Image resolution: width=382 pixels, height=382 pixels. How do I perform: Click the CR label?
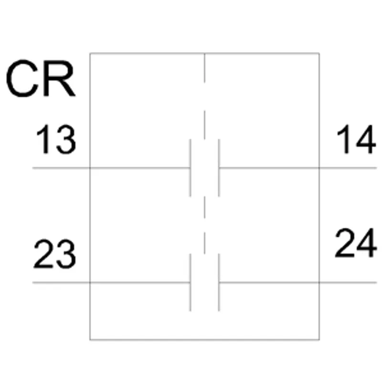coord(41,78)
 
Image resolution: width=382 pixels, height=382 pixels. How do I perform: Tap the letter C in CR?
coord(22,78)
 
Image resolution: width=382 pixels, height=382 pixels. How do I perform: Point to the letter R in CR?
coord(59,78)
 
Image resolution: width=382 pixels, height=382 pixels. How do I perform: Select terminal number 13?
coord(56,139)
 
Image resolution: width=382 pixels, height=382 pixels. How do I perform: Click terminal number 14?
coord(356,139)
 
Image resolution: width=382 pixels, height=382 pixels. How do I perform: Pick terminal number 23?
coord(54,254)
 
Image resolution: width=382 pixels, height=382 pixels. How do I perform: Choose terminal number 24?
coord(356,243)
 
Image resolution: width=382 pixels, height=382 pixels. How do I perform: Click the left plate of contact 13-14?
coord(190,168)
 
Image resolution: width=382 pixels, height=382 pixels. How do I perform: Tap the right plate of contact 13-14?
coord(219,168)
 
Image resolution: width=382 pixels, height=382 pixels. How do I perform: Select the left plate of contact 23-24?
coord(190,283)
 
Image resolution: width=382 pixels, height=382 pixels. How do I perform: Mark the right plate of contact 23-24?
coord(219,283)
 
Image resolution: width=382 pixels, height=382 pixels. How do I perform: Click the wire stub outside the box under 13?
coord(61,168)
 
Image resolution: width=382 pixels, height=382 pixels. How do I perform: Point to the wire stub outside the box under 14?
coord(348,168)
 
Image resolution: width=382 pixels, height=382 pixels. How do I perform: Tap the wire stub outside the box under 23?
coord(61,283)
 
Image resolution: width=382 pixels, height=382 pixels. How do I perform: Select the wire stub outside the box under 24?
coord(348,283)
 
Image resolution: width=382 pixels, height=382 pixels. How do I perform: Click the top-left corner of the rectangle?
coord(90,53)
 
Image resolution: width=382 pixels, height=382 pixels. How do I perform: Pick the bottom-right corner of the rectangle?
coord(319,340)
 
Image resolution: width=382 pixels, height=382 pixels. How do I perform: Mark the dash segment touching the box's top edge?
coord(205,67)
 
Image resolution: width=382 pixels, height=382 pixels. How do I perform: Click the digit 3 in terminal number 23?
coord(66,254)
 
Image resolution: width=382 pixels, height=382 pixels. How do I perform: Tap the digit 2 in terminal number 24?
coord(345,243)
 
